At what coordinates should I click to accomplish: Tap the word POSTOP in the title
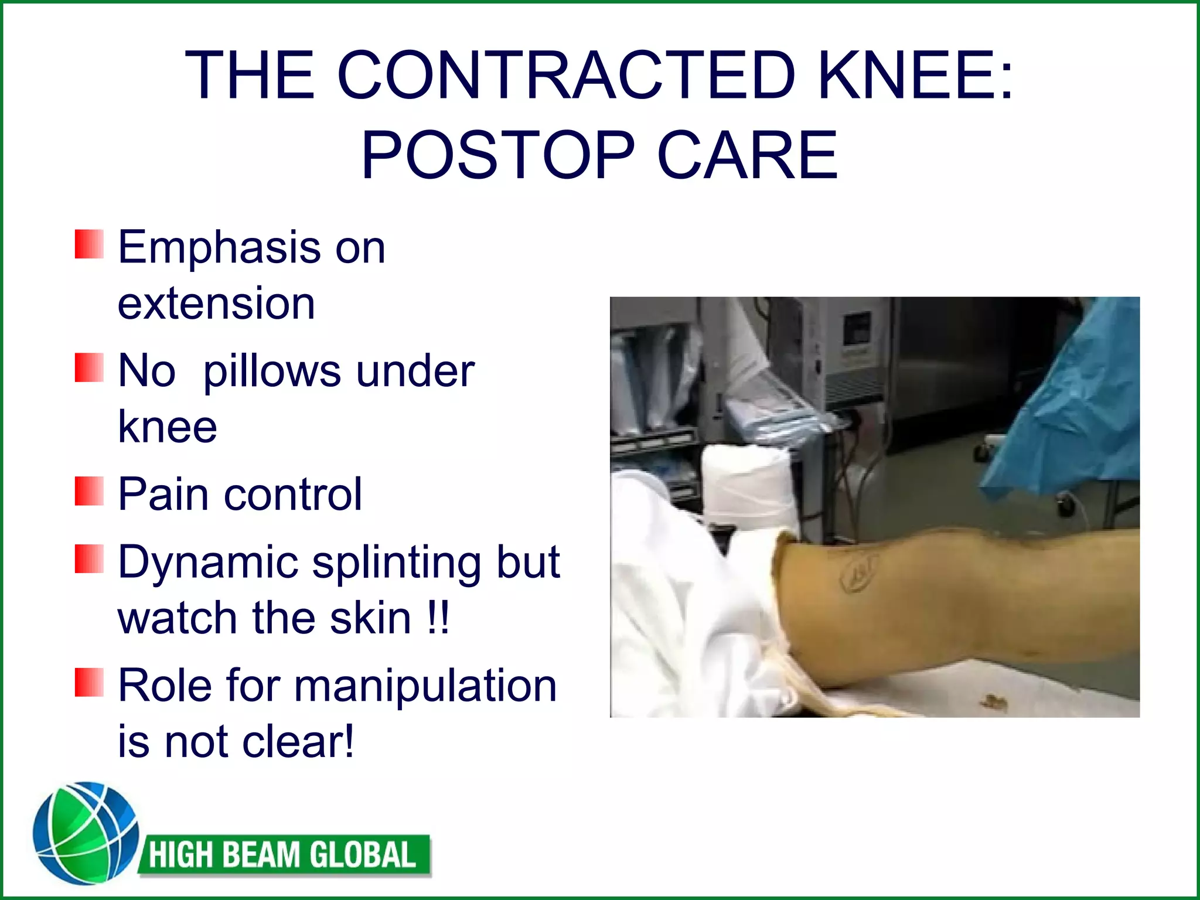[x=498, y=155]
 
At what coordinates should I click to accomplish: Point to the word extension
[x=216, y=304]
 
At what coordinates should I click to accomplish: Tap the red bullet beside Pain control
[x=89, y=491]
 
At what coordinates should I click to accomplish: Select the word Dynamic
[x=209, y=562]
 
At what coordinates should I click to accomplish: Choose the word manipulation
[x=425, y=686]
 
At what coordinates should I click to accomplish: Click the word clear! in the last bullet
[x=299, y=742]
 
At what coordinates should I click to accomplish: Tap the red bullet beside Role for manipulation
[x=89, y=683]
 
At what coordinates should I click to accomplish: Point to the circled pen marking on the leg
[x=859, y=571]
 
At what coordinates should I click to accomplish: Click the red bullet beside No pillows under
[x=89, y=367]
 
